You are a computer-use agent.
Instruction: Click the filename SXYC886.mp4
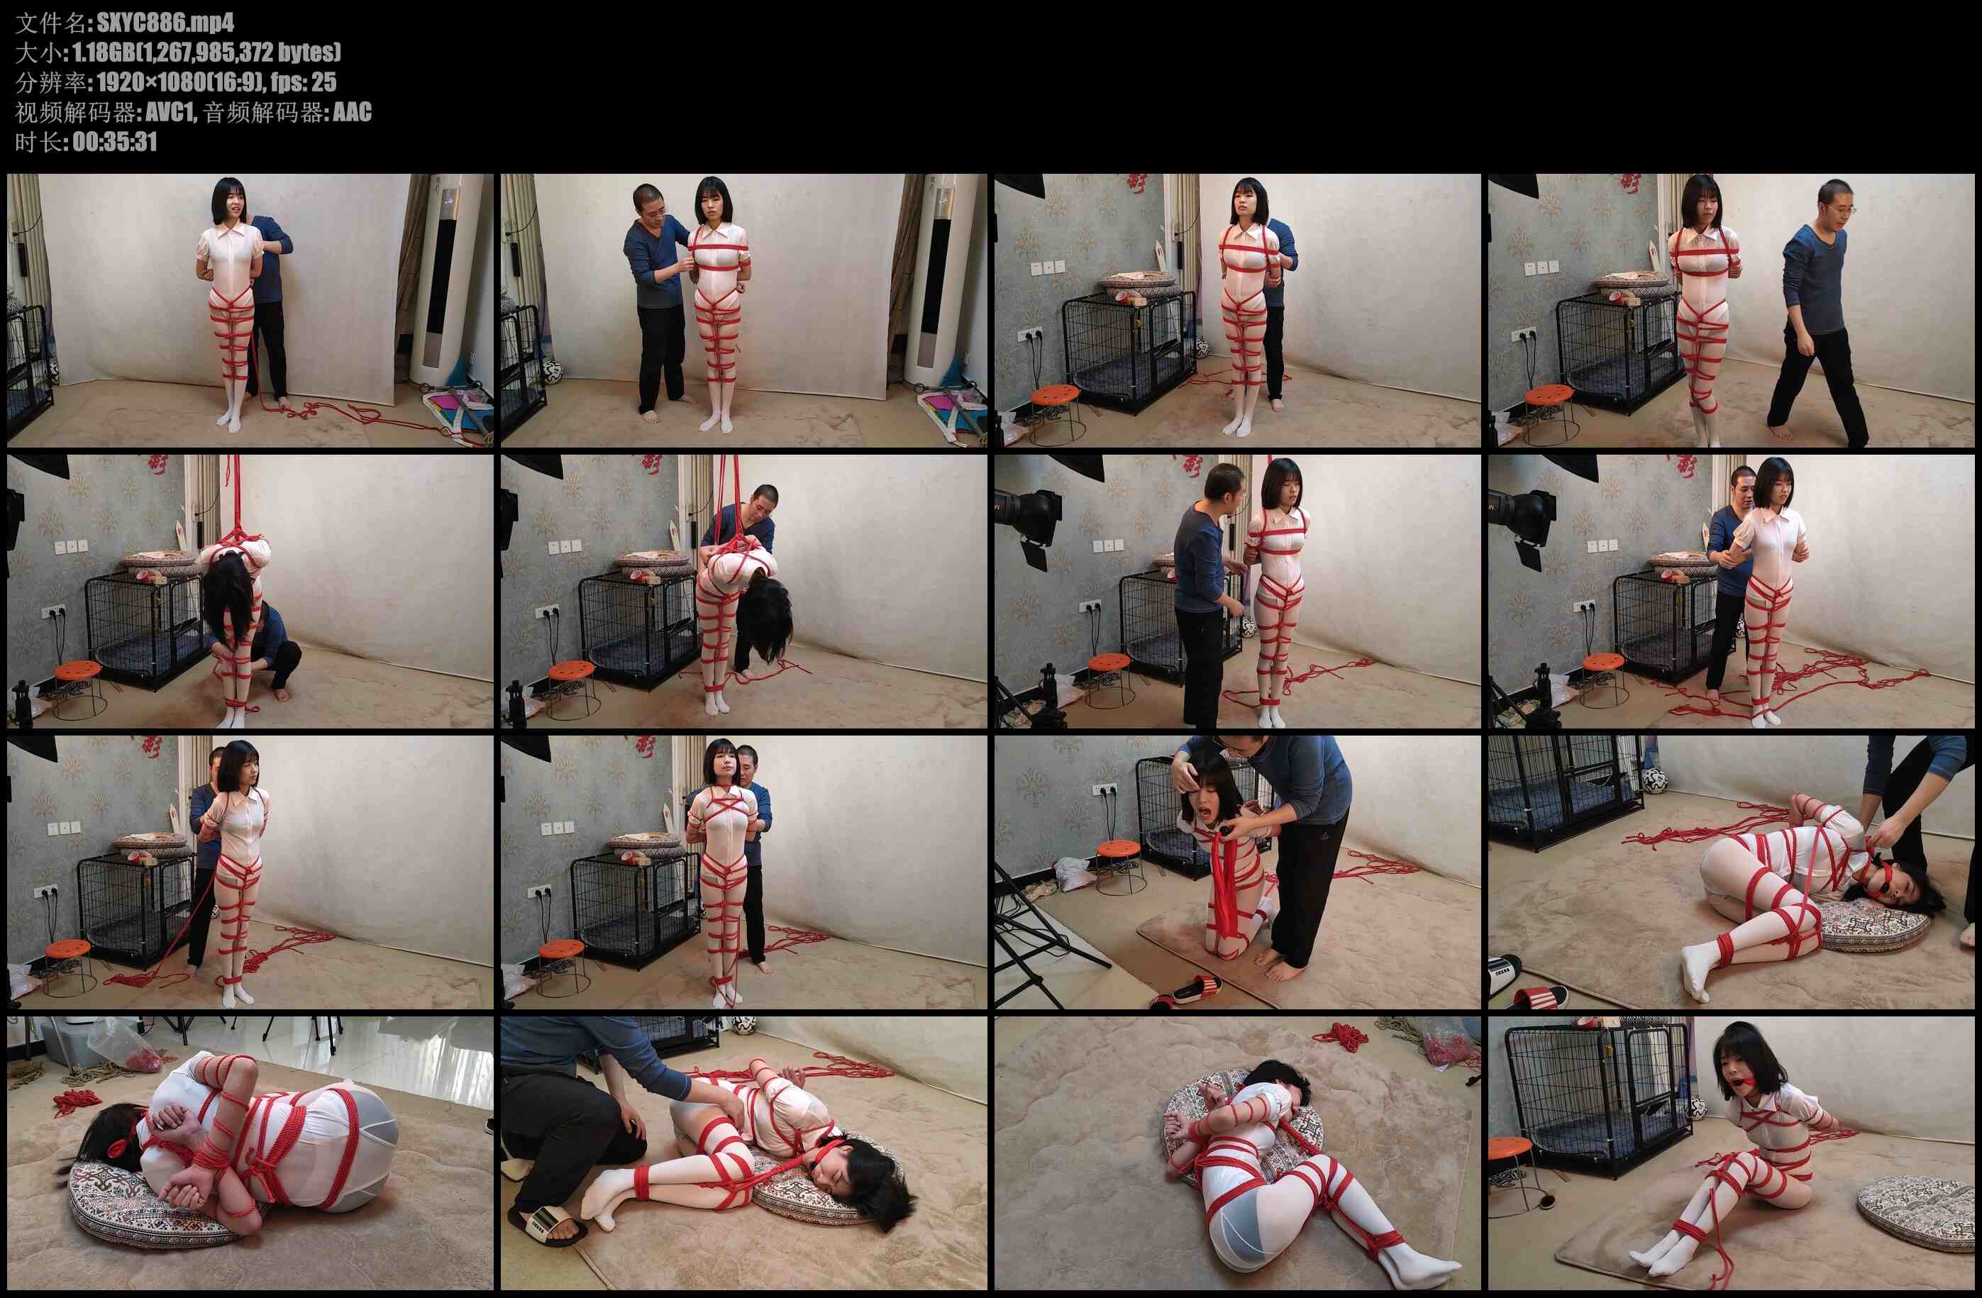point(166,22)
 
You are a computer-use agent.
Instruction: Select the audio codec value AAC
point(353,111)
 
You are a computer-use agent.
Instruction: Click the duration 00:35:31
point(115,142)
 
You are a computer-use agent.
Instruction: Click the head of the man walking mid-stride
point(1830,202)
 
